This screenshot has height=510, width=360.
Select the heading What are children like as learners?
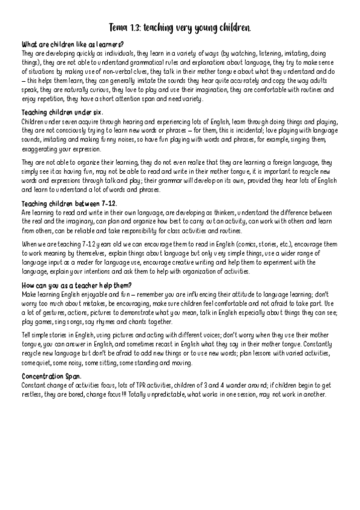(x=72, y=45)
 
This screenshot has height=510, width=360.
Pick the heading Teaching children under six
(x=62, y=112)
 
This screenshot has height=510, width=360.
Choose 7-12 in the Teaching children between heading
(x=109, y=203)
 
